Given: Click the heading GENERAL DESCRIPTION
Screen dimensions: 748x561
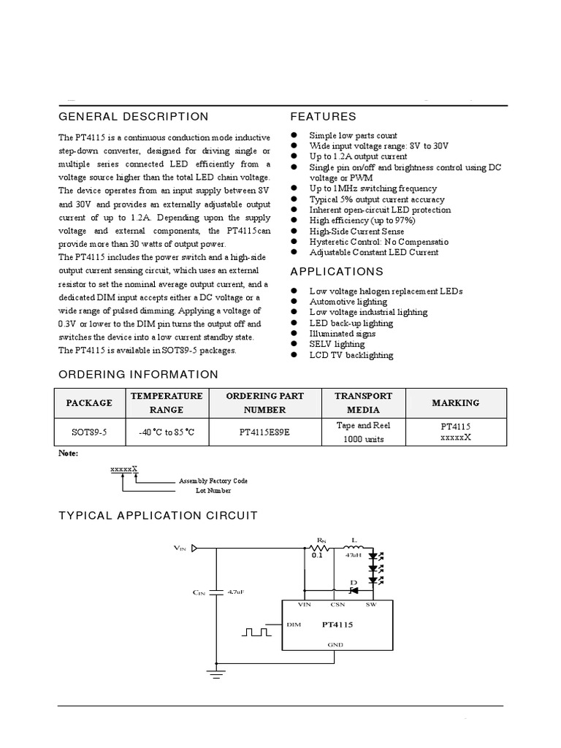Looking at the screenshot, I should (x=133, y=117).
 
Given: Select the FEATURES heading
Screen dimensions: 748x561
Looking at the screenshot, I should (x=323, y=117).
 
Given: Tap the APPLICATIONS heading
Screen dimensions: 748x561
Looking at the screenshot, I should (x=336, y=272).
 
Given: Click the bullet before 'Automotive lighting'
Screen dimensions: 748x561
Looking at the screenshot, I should (x=294, y=301).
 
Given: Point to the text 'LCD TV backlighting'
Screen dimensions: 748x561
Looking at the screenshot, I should (x=351, y=355).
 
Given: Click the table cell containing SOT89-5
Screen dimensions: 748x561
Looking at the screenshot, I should (x=89, y=432).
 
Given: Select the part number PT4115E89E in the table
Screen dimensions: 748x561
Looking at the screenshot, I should (x=264, y=432).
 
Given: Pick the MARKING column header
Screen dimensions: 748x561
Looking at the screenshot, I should (x=455, y=402).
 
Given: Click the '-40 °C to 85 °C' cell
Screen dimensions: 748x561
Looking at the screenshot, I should (x=167, y=432).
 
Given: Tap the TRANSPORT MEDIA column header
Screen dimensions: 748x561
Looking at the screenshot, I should (x=363, y=402).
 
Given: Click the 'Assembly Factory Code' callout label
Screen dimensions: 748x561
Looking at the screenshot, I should (x=213, y=481).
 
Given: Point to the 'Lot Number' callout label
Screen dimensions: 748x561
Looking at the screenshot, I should (x=213, y=491).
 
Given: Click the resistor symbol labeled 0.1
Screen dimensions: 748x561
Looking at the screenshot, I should (x=319, y=547).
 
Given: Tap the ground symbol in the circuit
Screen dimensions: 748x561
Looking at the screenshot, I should (x=216, y=673).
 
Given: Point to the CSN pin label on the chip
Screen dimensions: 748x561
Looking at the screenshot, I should (x=337, y=605).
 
